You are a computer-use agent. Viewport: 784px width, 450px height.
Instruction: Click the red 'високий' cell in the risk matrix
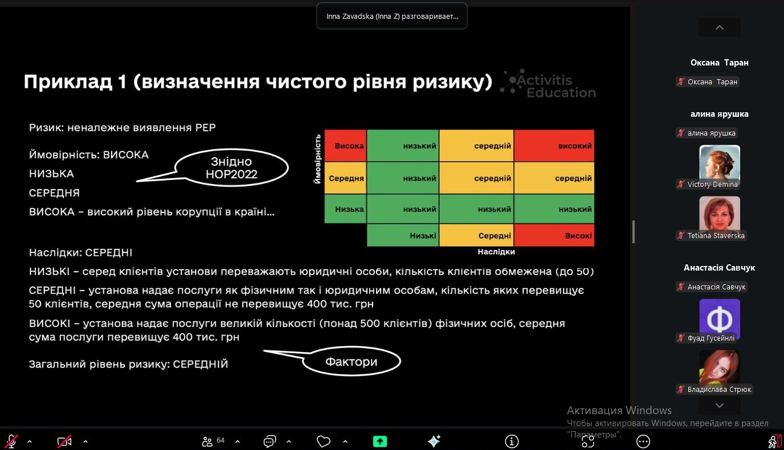554,146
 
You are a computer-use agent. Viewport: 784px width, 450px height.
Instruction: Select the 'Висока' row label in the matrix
346,146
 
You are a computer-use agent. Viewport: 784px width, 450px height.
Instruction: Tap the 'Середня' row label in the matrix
346,178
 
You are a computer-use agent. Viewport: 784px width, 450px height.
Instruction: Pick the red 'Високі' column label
554,235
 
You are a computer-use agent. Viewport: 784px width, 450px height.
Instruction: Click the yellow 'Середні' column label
476,235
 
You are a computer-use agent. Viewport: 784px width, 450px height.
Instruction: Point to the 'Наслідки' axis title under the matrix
496,252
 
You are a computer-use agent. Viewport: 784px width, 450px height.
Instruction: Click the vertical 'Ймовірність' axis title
317,159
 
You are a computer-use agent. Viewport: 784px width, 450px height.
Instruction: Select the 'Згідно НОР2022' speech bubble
231,168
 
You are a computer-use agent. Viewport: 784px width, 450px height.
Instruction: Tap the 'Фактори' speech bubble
351,361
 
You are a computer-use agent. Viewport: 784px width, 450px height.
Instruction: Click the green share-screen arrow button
379,441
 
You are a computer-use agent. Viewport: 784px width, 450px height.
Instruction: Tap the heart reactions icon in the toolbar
324,441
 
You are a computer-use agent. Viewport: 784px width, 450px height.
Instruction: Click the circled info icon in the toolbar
512,441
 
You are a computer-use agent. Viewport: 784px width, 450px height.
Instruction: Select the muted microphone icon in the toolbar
11,441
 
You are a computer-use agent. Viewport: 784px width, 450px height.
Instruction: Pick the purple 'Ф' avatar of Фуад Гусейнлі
720,318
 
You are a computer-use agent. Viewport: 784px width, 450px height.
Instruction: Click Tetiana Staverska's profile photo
720,215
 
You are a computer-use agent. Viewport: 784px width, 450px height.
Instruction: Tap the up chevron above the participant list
720,27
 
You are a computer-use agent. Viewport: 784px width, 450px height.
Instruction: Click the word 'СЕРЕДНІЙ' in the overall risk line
201,364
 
